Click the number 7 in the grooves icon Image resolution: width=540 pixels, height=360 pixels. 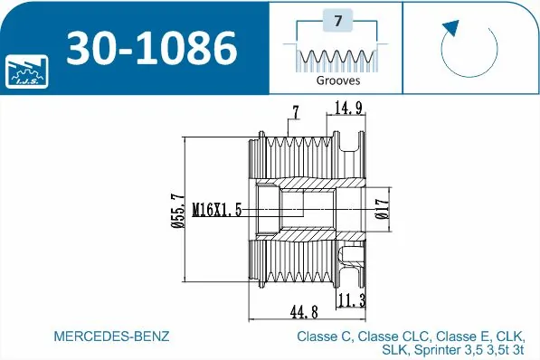click(x=337, y=20)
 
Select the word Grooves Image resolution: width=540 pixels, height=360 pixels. click(x=337, y=81)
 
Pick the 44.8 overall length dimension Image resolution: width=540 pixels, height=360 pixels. click(x=303, y=312)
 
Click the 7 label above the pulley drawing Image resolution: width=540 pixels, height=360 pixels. click(x=295, y=112)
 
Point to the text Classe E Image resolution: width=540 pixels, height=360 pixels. click(x=455, y=336)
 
